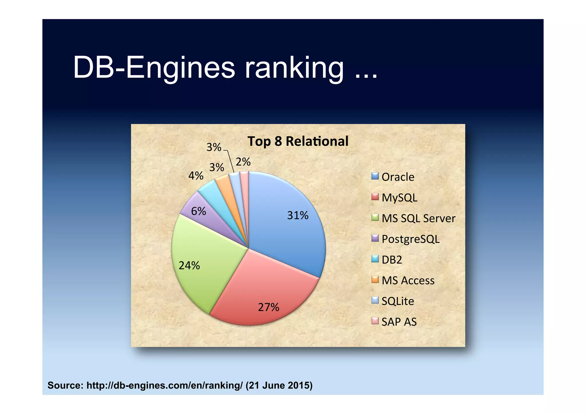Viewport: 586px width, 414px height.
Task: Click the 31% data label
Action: pos(298,215)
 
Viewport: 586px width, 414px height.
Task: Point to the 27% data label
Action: pos(268,307)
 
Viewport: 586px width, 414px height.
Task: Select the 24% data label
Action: pos(189,266)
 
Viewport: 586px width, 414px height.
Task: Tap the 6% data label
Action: pos(198,211)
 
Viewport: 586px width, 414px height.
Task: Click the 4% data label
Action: pos(196,176)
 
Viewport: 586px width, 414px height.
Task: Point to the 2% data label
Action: pos(243,162)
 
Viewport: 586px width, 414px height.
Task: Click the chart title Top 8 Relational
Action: pos(298,141)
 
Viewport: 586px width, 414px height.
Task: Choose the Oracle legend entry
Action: pos(397,177)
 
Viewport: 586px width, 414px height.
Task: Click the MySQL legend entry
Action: pos(399,198)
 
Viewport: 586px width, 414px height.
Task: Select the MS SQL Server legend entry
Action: pos(418,219)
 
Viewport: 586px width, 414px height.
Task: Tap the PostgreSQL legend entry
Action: pos(410,239)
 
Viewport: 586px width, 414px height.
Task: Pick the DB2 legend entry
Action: pos(391,260)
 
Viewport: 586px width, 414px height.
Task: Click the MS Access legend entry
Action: pos(408,281)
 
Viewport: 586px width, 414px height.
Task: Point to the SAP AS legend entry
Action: pos(399,322)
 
